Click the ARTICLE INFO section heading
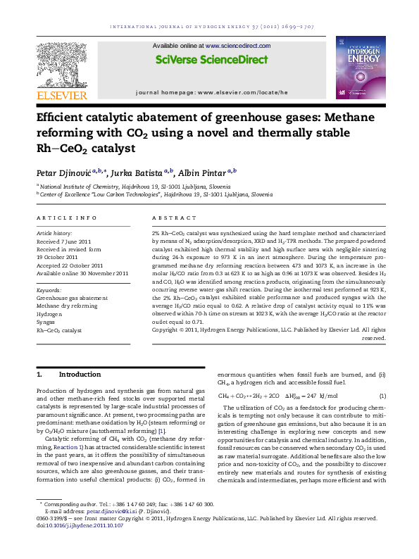tap(67, 218)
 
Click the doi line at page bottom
tap(74, 546)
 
